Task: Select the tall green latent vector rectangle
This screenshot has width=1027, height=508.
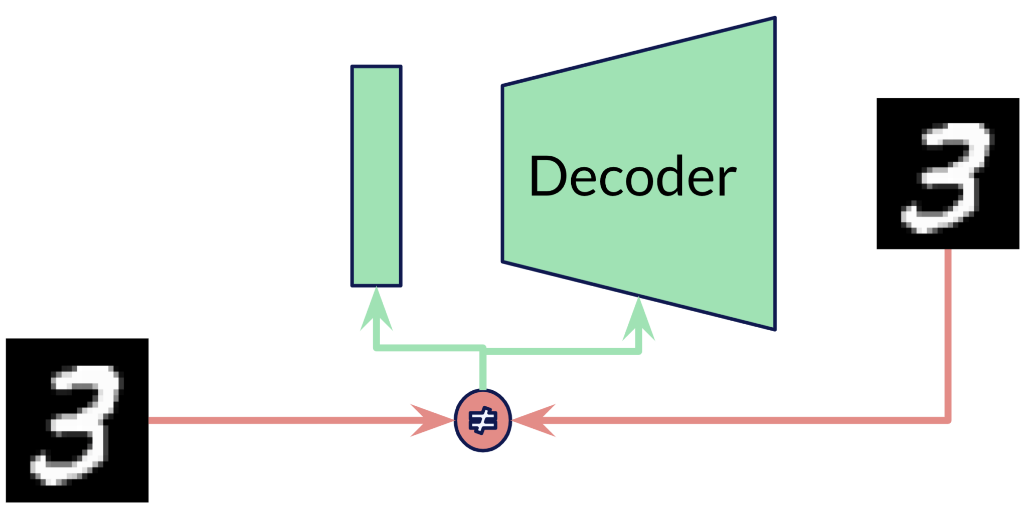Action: pos(376,175)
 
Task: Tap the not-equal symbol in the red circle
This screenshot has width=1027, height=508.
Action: pos(482,420)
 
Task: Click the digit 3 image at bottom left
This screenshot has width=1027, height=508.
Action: pos(77,420)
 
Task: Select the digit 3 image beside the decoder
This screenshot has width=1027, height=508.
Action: pos(947,173)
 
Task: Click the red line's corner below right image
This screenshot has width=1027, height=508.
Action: pos(947,420)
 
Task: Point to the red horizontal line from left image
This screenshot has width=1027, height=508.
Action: pos(276,420)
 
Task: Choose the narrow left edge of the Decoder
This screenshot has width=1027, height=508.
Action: pos(503,173)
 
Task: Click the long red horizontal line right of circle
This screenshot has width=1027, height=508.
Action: pos(742,420)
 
